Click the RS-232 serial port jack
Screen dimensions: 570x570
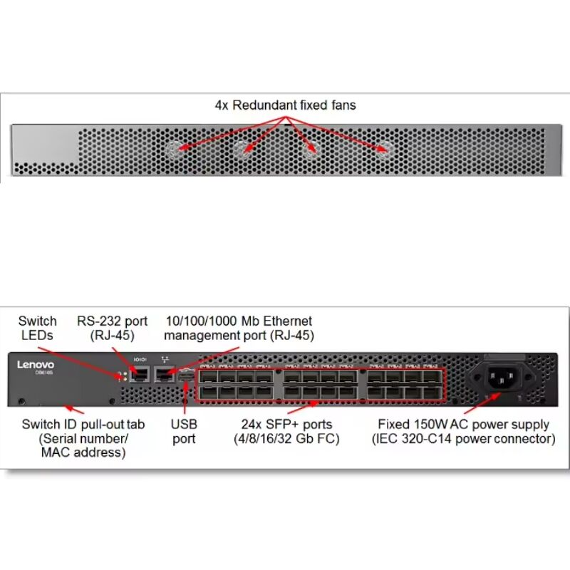point(140,373)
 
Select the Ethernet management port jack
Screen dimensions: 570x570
point(166,373)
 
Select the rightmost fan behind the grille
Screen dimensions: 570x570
point(385,150)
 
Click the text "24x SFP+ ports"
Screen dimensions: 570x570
point(286,425)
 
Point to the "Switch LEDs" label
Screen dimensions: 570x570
point(37,328)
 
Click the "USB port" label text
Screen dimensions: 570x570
point(184,432)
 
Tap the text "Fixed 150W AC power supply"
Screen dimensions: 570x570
point(463,425)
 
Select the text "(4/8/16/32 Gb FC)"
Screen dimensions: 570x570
point(286,440)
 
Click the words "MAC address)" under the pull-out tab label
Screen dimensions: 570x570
point(83,453)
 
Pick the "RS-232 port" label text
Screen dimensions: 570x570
point(112,321)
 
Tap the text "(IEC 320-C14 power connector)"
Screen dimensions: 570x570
point(463,440)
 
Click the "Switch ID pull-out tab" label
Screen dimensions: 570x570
point(83,425)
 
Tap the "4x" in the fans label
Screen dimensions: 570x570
point(222,105)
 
